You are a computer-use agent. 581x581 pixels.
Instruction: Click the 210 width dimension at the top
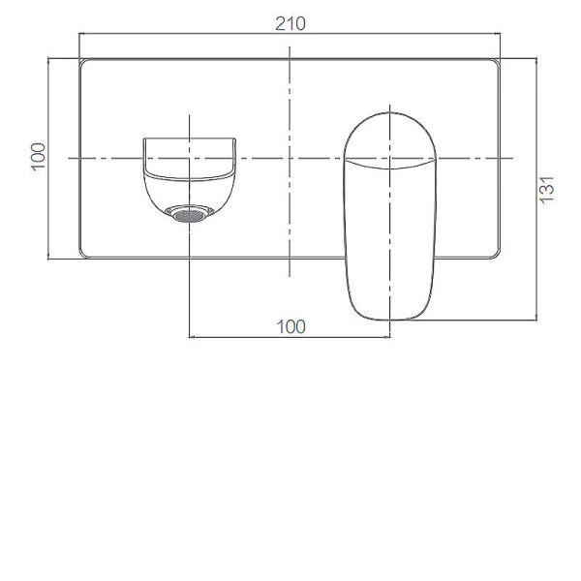(290, 24)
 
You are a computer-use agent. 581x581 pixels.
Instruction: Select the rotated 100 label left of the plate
(38, 157)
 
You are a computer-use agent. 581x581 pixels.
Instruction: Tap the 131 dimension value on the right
(547, 189)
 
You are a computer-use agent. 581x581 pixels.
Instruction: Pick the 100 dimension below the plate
(290, 327)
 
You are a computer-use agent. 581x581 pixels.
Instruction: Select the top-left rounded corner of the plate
(82, 61)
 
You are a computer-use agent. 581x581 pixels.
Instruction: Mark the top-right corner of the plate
(500, 61)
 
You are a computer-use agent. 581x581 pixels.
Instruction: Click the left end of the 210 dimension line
(78, 35)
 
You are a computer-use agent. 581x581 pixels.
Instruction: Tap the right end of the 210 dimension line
(504, 35)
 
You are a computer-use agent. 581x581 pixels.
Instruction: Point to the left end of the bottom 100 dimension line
(189, 337)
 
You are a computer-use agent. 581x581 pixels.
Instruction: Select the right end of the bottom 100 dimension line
(390, 337)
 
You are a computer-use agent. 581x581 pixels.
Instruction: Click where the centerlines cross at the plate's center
(290, 157)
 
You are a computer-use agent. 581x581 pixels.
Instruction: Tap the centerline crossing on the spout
(190, 157)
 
